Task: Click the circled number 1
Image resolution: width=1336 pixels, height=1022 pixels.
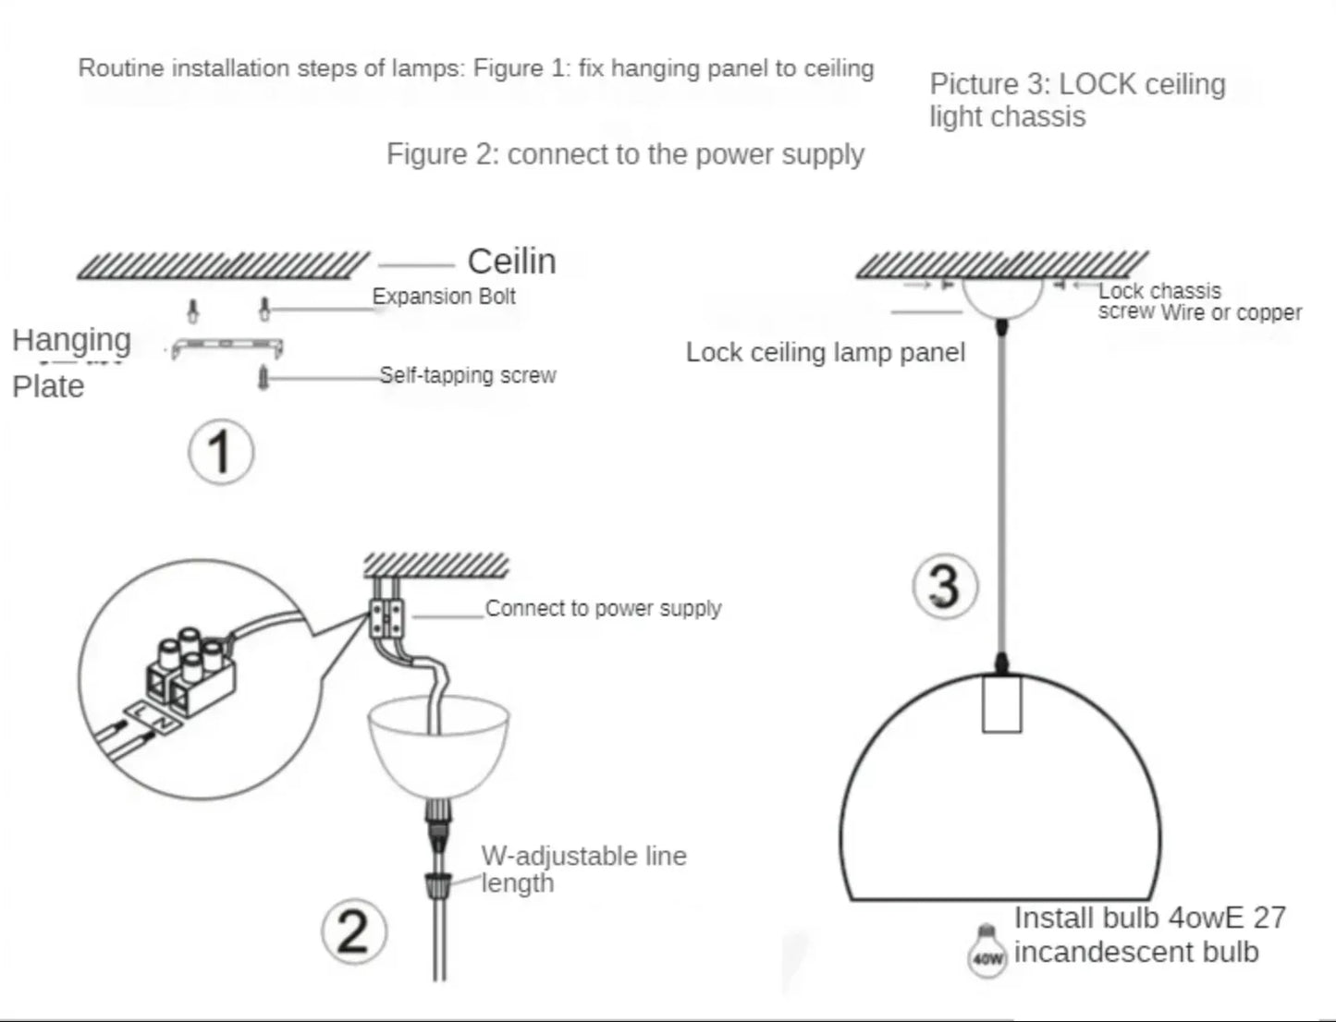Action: click(220, 452)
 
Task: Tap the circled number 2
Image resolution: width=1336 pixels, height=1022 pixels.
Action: click(353, 931)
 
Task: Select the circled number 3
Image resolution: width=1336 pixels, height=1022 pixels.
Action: click(944, 586)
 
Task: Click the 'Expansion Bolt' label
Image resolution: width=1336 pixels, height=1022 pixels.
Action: click(444, 297)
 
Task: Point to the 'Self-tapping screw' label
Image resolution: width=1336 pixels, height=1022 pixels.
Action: click(468, 375)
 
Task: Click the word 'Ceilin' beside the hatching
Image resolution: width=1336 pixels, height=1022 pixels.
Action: click(511, 262)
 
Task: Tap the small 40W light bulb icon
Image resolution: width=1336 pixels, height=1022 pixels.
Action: click(987, 952)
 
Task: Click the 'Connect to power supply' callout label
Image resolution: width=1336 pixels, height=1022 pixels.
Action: click(603, 608)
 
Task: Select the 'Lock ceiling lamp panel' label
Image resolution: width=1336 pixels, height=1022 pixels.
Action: click(825, 352)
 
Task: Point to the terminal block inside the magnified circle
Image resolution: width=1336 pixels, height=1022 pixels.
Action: click(190, 672)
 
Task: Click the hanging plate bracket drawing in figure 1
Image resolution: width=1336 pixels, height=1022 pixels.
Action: click(227, 347)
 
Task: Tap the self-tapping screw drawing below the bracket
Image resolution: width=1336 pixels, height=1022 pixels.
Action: click(264, 377)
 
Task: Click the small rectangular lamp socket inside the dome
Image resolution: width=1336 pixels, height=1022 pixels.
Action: click(1001, 703)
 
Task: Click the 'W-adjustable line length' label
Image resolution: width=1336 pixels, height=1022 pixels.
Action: click(582, 869)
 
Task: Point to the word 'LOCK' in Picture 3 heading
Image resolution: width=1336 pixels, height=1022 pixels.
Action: click(1097, 84)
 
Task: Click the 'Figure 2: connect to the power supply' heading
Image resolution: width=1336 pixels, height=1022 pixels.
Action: click(625, 153)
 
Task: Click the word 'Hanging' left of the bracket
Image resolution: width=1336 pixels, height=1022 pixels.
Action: click(71, 340)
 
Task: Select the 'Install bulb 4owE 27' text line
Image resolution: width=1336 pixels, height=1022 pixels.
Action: click(1149, 918)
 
